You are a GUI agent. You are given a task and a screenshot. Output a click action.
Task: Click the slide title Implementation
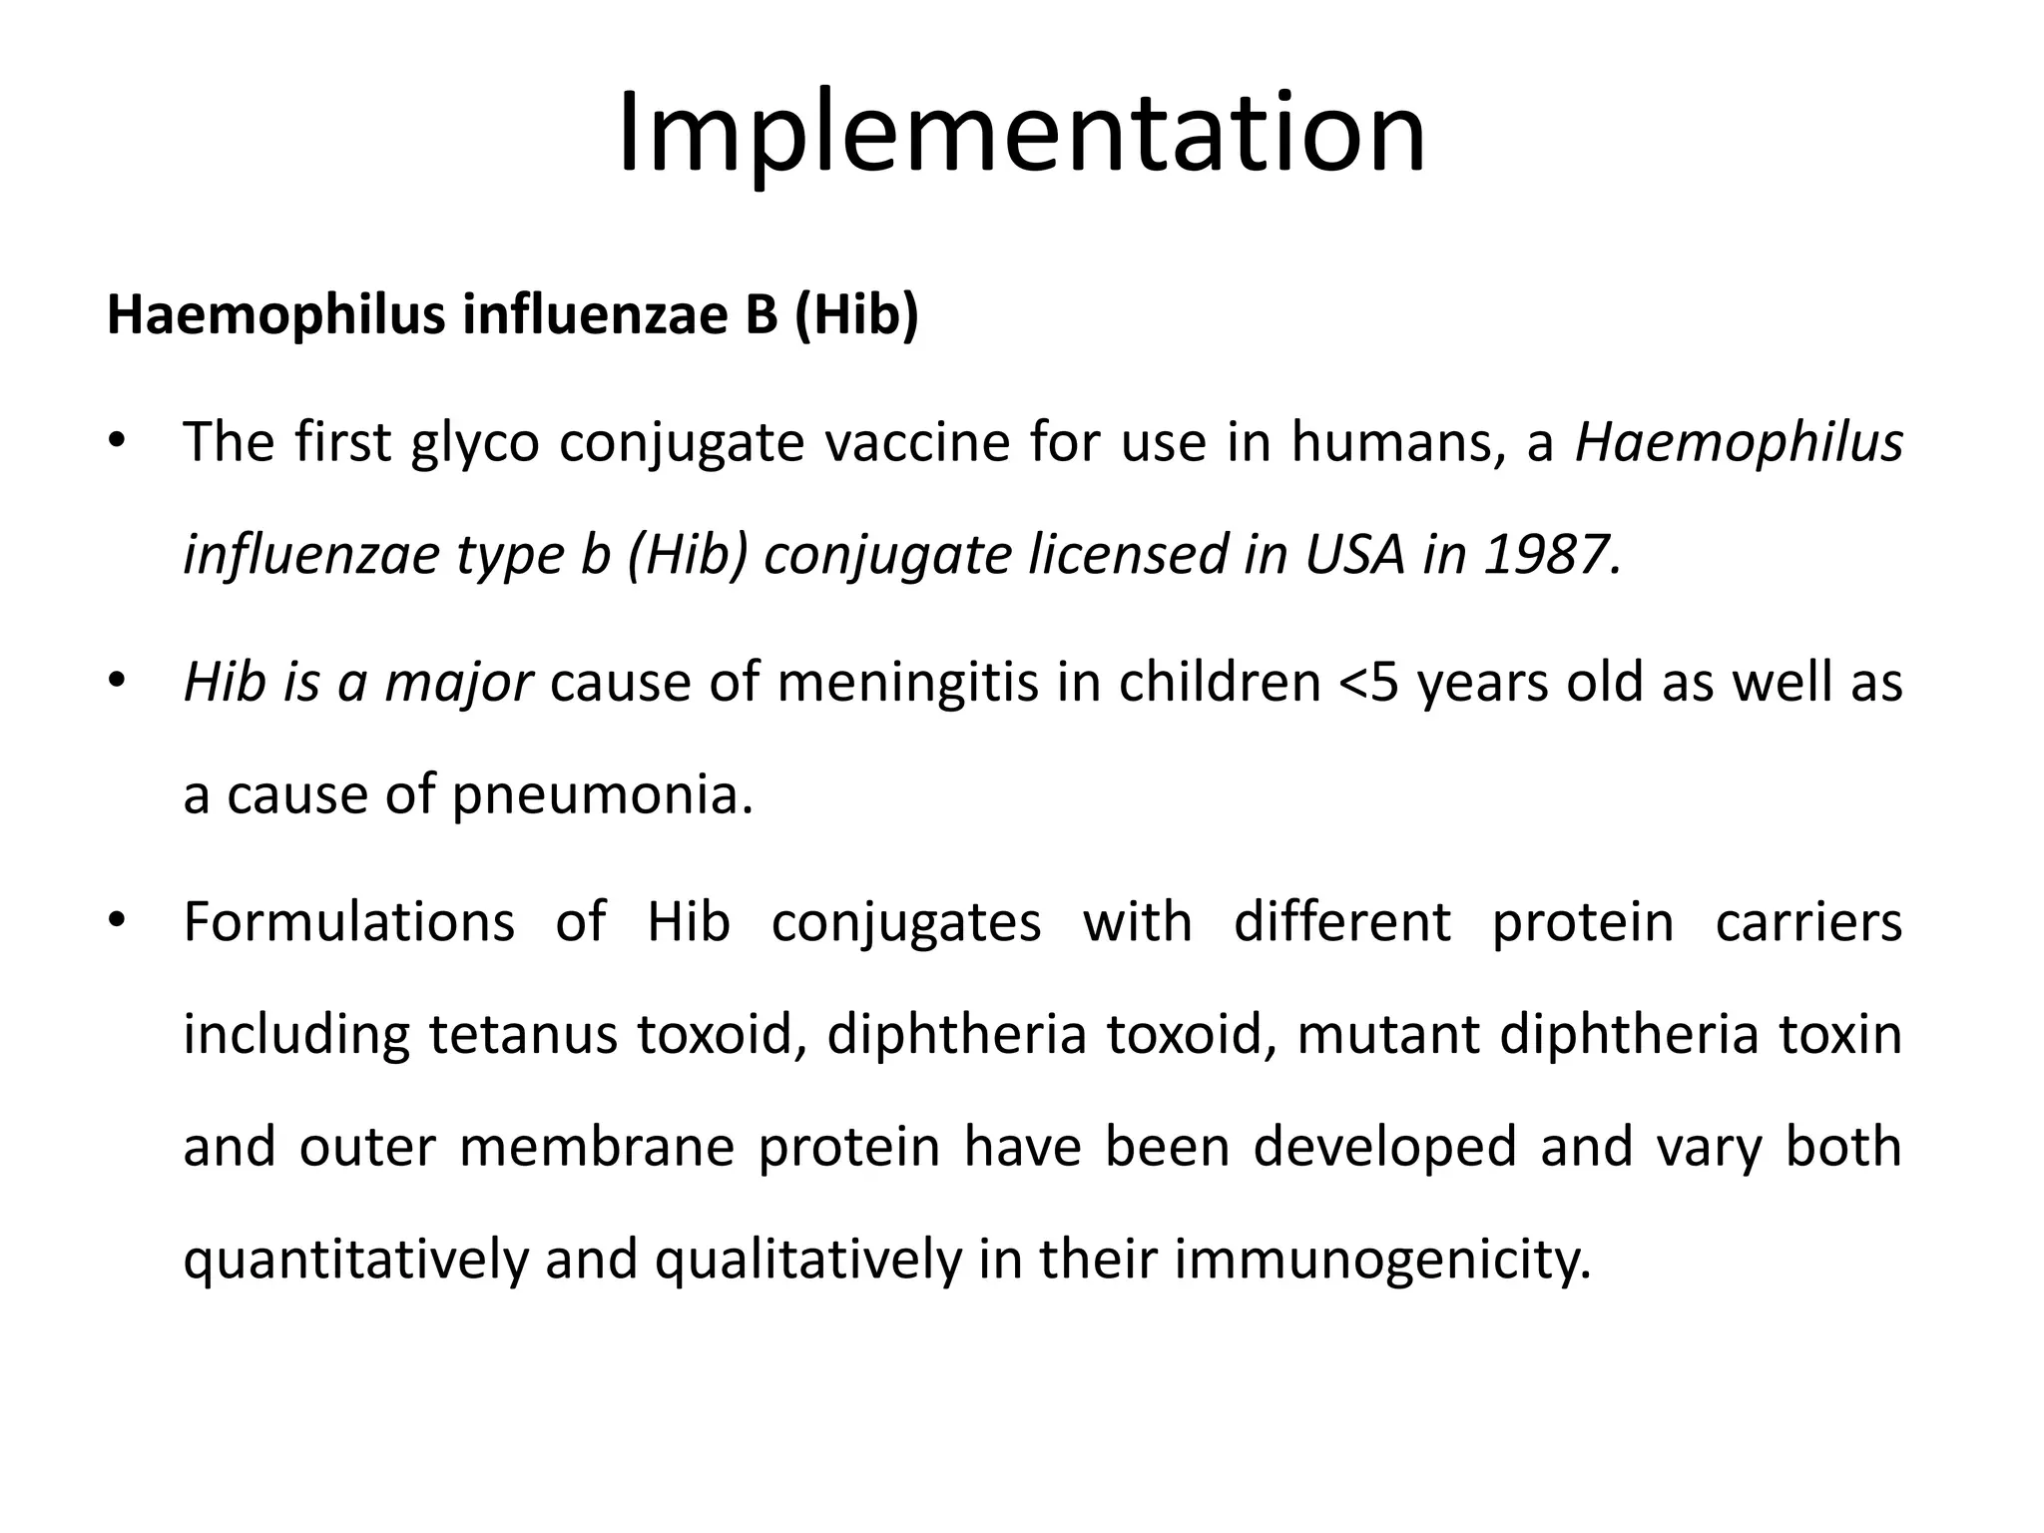[x=1021, y=135]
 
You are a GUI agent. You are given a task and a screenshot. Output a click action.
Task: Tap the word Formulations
[x=349, y=921]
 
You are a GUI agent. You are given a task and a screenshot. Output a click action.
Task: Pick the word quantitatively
[x=355, y=1260]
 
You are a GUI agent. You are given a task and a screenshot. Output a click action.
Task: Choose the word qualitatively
[x=807, y=1260]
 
